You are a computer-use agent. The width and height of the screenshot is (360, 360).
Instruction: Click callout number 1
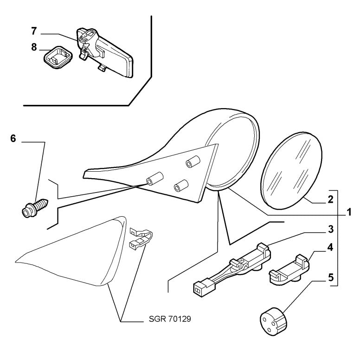click(x=346, y=214)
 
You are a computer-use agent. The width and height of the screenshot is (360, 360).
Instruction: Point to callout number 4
click(x=330, y=247)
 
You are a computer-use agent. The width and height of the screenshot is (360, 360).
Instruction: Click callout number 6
click(x=13, y=139)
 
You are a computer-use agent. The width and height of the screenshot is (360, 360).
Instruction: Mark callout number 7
click(x=33, y=31)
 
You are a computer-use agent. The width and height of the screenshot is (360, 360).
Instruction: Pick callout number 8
click(x=33, y=47)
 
